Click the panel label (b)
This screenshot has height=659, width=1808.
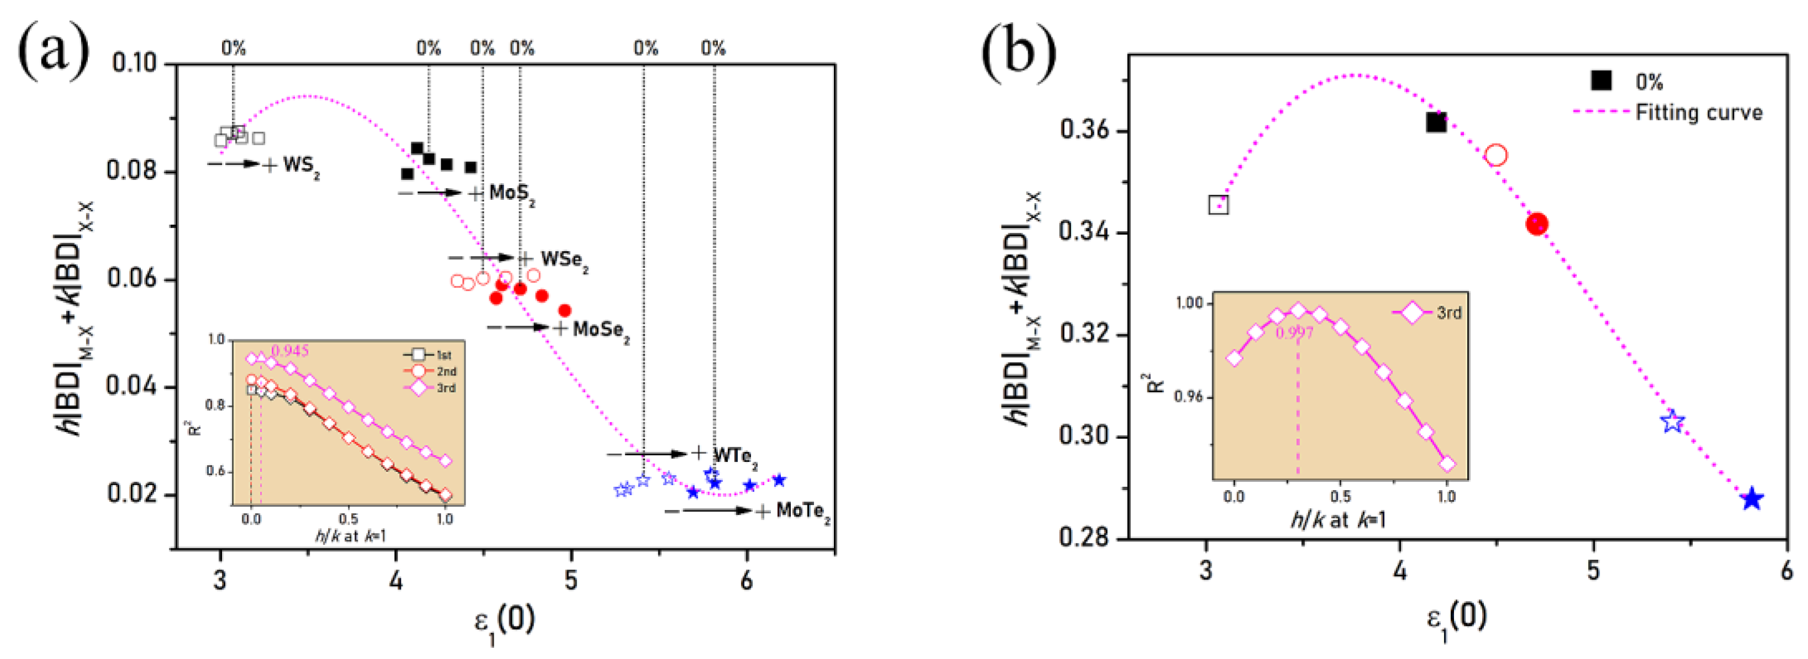(x=1018, y=49)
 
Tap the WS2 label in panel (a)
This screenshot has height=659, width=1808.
(x=300, y=166)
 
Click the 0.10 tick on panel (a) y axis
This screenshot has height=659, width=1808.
(x=134, y=62)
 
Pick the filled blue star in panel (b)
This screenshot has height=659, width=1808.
(x=1752, y=499)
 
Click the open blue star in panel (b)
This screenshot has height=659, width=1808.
(x=1673, y=422)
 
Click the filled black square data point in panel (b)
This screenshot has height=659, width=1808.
(x=1436, y=123)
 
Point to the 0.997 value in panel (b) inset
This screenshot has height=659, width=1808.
(x=1293, y=333)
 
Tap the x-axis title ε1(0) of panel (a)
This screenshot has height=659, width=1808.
(x=504, y=620)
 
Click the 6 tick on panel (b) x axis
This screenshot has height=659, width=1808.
(x=1787, y=571)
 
